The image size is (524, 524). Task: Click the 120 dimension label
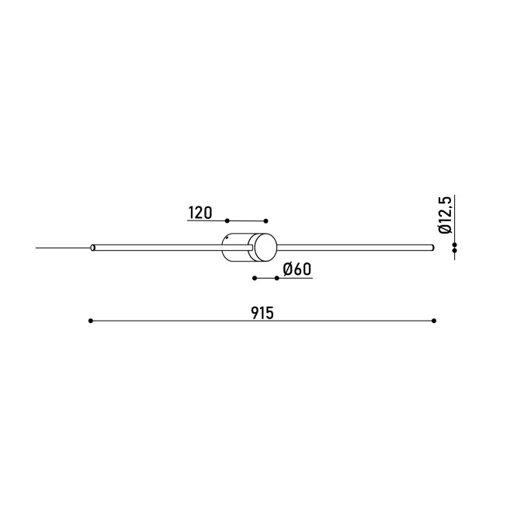point(200,213)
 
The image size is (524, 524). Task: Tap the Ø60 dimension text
point(297,269)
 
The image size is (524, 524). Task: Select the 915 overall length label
point(262,313)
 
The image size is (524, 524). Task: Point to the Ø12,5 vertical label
point(445,215)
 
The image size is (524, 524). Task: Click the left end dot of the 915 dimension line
point(91,321)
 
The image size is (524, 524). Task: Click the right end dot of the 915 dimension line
point(434,321)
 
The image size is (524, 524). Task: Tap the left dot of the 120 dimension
point(227,221)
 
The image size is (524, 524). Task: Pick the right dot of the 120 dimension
point(265,221)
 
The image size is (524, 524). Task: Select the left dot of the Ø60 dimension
point(255,278)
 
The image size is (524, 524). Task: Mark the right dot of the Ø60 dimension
point(276,278)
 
